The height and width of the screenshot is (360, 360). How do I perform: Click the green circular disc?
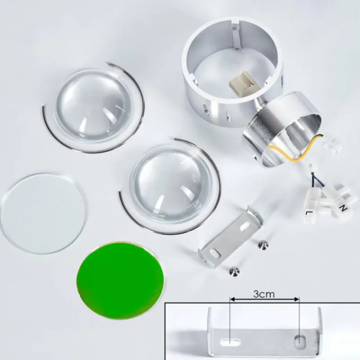(x=121, y=279)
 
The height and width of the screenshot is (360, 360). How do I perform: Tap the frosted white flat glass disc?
(x=44, y=213)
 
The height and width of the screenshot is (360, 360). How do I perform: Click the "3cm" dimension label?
(x=264, y=294)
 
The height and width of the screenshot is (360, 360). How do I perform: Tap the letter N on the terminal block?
(x=343, y=208)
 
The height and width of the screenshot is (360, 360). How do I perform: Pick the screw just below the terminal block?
(x=263, y=245)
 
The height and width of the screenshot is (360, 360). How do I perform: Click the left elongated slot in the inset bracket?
(x=230, y=342)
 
